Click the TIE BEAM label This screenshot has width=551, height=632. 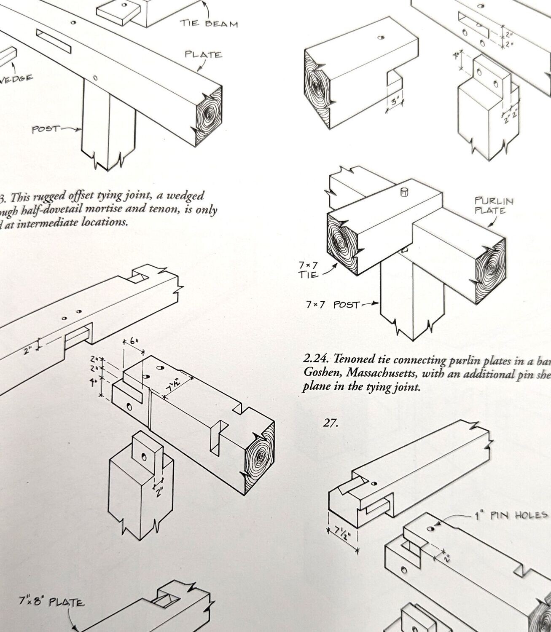209,23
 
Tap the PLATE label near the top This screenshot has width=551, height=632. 203,55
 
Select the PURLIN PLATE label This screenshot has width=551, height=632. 494,205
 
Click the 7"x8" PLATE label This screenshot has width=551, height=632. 51,602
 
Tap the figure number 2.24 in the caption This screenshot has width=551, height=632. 315,359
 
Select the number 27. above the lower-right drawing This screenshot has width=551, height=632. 331,423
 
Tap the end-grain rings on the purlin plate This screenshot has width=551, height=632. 490,267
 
